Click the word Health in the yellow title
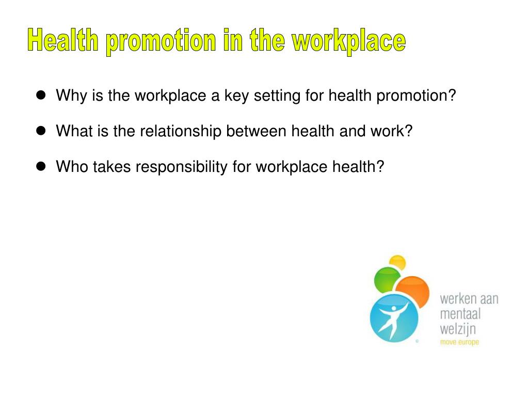click(62, 41)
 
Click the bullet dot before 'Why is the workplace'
click(41, 96)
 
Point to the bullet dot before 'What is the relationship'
click(41, 131)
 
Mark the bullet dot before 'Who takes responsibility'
click(41, 166)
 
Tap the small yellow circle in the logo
click(397, 262)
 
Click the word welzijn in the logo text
click(458, 328)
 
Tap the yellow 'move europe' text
click(459, 342)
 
